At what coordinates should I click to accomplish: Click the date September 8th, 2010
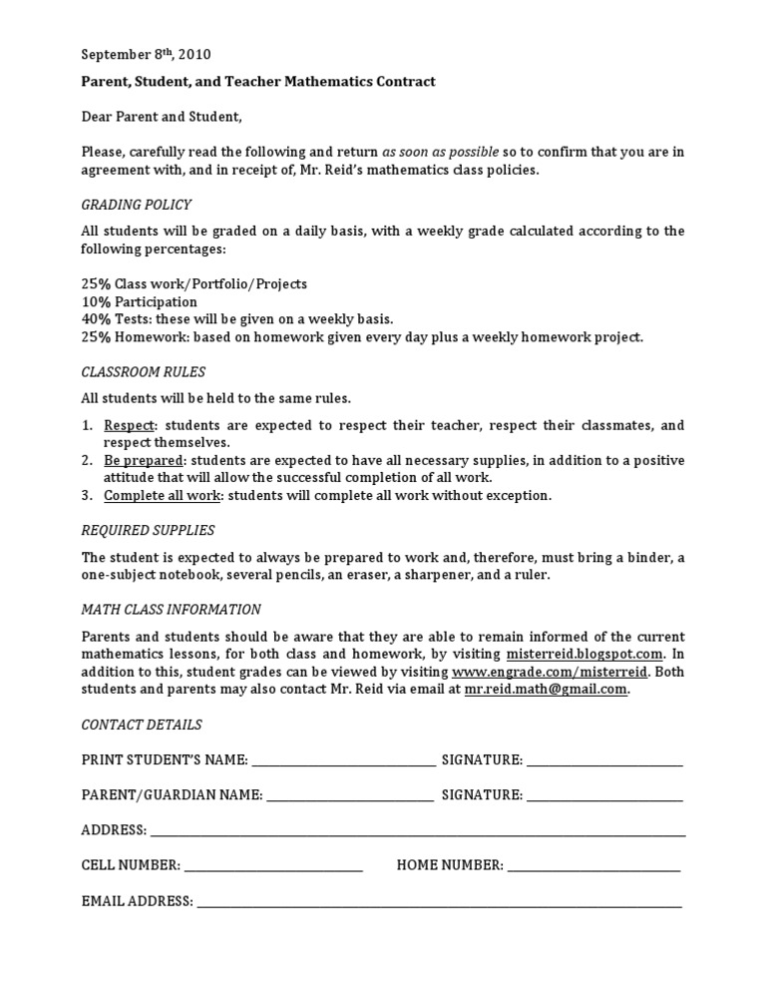[x=146, y=55]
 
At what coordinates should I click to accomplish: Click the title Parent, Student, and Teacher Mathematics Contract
[x=258, y=82]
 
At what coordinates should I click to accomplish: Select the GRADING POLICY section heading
[x=136, y=205]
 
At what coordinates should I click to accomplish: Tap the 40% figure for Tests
[x=96, y=319]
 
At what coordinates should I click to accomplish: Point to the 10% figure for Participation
[x=96, y=301]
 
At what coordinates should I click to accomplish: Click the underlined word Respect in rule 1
[x=129, y=425]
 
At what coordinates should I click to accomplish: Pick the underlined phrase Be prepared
[x=143, y=460]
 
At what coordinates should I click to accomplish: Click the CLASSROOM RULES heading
[x=143, y=372]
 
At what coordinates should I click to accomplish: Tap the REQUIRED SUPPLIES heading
[x=148, y=530]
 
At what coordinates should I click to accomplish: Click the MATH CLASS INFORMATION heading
[x=171, y=609]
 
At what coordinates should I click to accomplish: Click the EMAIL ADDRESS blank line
[x=439, y=903]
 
